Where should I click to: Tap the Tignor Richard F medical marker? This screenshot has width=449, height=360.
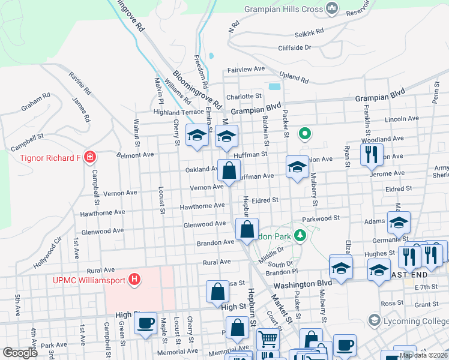tap(90, 157)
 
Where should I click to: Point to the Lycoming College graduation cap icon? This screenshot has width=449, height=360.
tap(375, 320)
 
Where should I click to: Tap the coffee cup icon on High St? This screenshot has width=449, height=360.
tap(145, 324)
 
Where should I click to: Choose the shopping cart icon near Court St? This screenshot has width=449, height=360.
tap(268, 340)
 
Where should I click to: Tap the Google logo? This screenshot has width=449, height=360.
tap(20, 352)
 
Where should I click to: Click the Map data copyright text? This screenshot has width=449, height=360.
tap(423, 355)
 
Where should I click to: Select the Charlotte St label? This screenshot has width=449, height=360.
tap(244, 96)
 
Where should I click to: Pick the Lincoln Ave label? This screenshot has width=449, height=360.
tap(402, 119)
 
